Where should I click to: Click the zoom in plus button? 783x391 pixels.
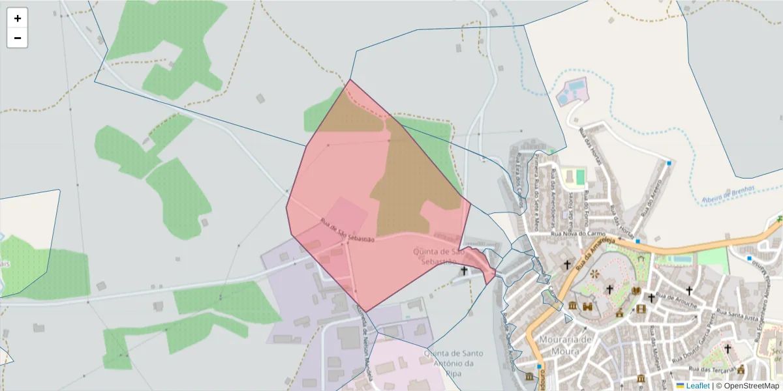coord(17,18)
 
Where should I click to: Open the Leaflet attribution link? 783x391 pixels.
coord(698,386)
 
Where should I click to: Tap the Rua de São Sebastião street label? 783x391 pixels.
coord(348,231)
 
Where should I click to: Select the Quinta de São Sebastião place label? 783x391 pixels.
coord(438,255)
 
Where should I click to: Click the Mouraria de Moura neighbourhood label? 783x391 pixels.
coord(565,345)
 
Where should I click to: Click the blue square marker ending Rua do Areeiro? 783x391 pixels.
coord(669,163)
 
